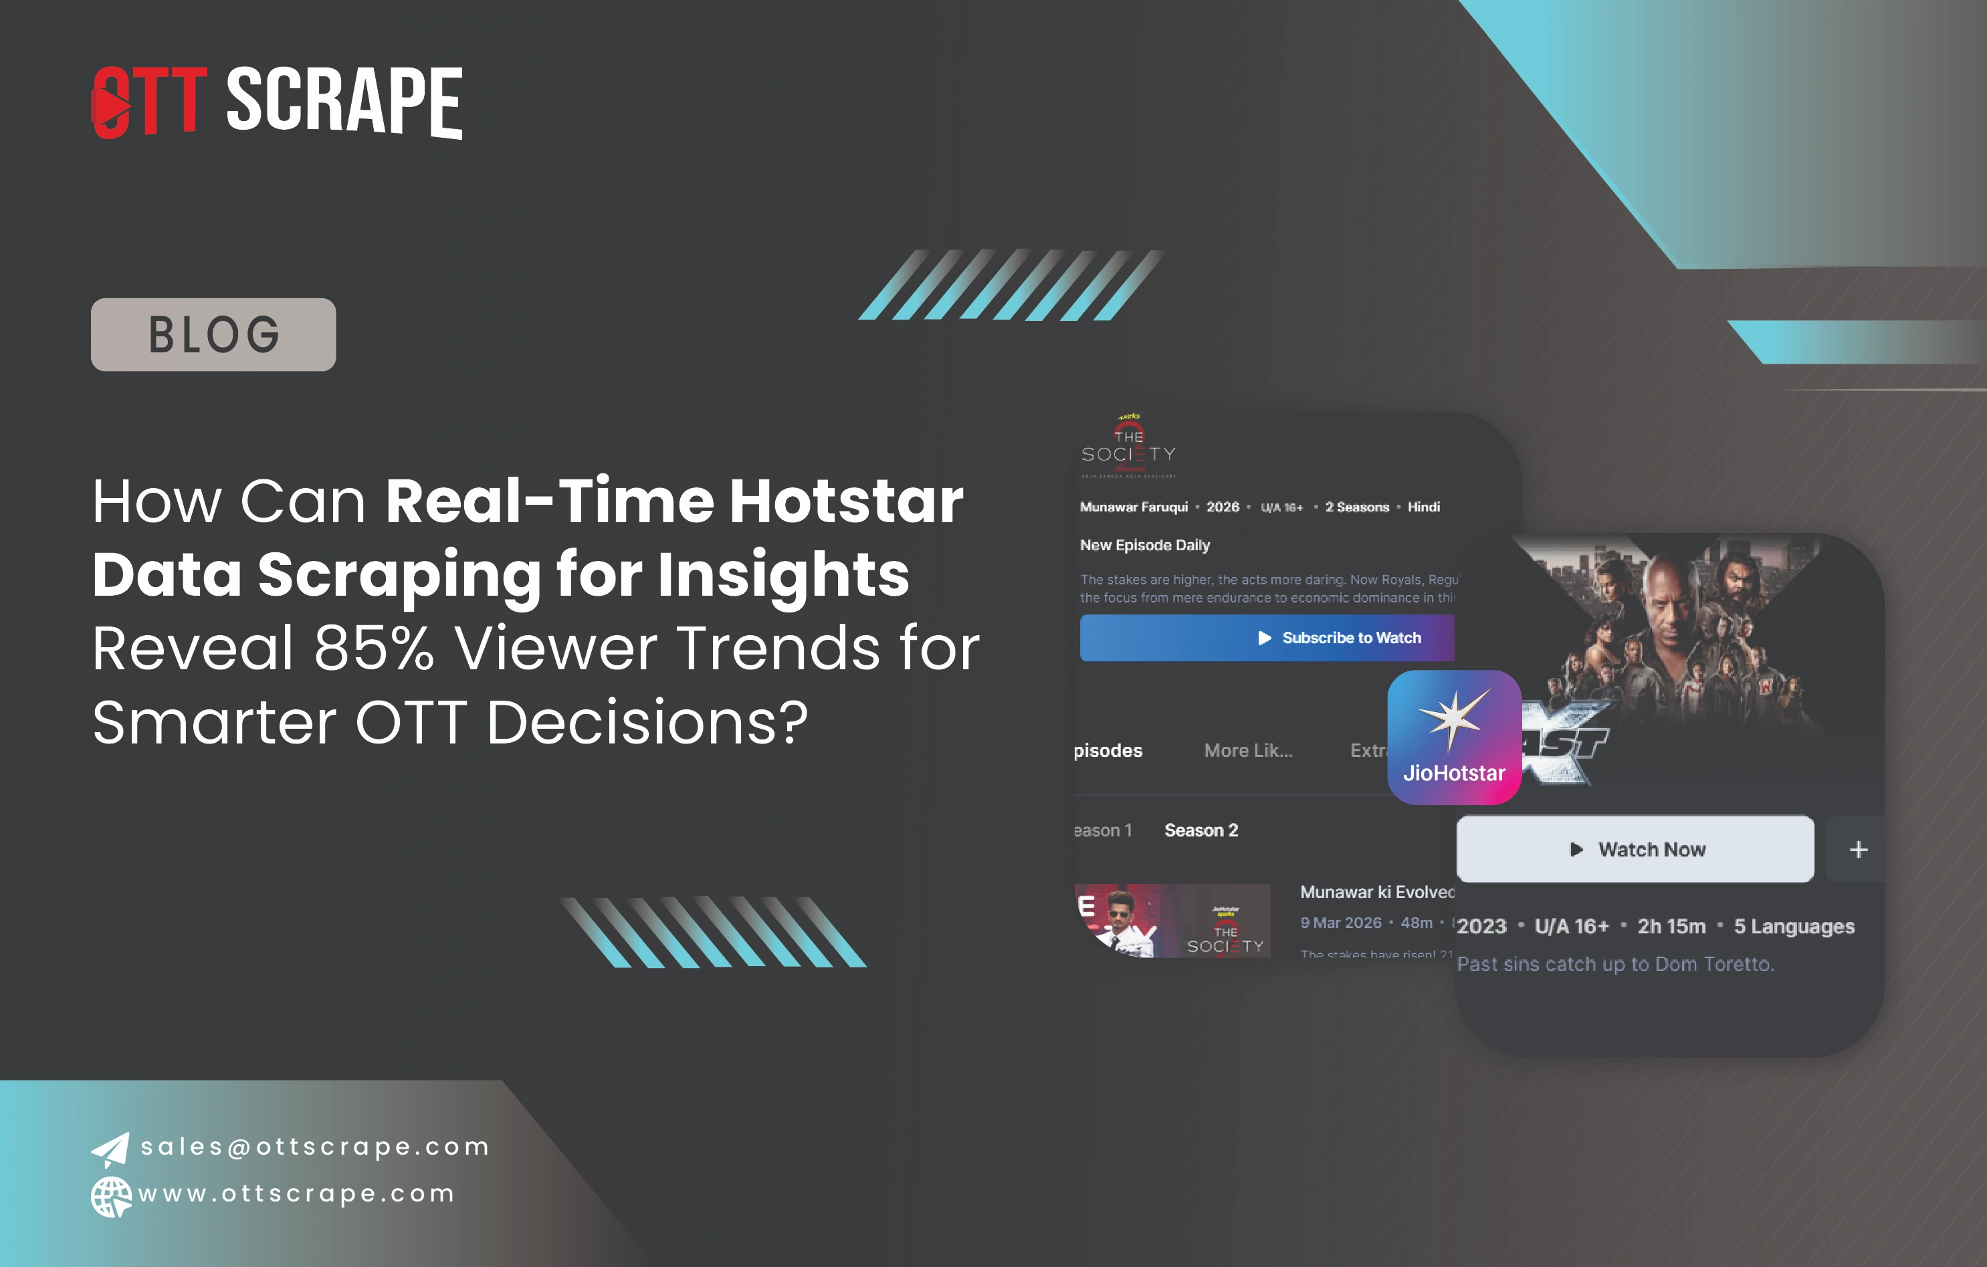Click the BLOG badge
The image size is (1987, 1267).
tap(213, 334)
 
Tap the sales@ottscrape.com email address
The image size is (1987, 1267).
tap(314, 1147)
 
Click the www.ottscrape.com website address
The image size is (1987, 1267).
tap(297, 1193)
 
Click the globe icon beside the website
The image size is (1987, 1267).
tap(110, 1197)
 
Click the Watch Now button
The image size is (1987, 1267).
tap(1635, 850)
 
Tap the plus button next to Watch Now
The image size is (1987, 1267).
tap(1859, 850)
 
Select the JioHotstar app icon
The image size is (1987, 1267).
tap(1454, 737)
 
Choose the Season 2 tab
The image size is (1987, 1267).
tap(1200, 830)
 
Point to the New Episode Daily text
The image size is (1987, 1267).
tap(1144, 545)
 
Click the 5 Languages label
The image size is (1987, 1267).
tap(1794, 926)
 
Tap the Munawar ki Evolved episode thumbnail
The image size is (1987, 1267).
tap(1172, 921)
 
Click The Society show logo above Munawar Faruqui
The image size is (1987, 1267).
tap(1128, 447)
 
